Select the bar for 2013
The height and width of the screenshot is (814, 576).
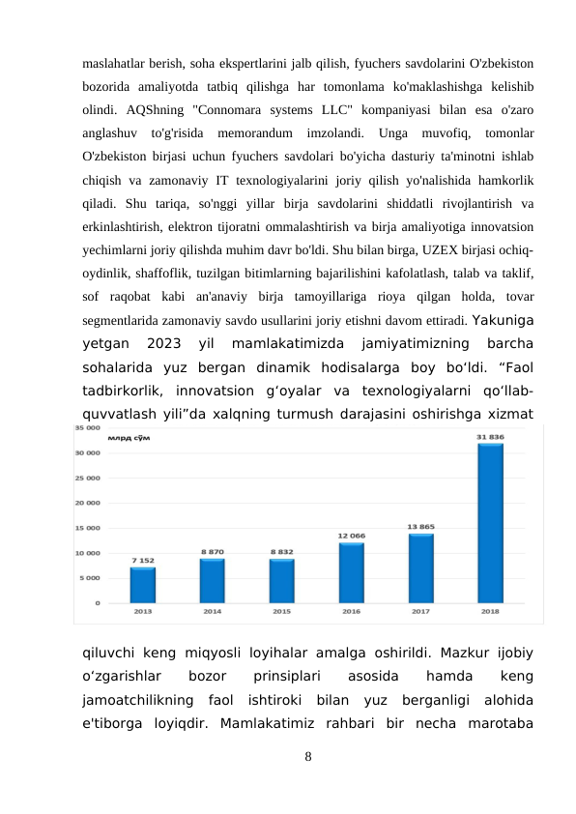pos(142,585)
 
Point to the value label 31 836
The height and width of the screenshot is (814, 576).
pos(490,437)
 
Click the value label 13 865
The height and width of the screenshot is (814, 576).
pos(420,527)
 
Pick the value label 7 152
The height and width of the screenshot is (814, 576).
pos(142,561)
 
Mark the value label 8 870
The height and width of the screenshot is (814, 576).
pos(212,552)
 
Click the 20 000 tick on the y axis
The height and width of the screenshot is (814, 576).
pos(112,503)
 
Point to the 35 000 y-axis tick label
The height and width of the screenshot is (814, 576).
pos(112,426)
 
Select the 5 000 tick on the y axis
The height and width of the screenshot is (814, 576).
pos(115,578)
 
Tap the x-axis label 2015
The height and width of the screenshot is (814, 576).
pos(281,611)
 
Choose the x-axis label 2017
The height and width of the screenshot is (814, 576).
pos(420,611)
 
